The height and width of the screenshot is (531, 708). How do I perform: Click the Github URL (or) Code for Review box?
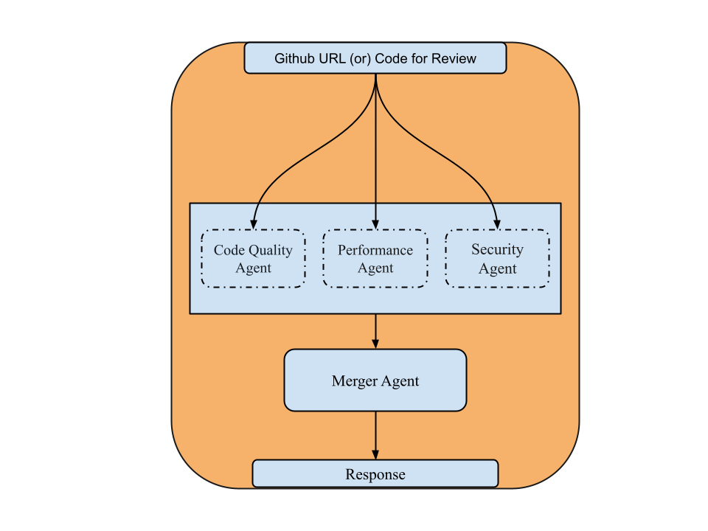click(375, 58)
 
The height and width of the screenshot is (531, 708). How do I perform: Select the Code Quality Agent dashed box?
click(253, 259)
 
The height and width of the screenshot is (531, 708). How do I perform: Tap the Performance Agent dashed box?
click(375, 259)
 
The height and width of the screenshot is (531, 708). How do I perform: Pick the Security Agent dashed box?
click(497, 259)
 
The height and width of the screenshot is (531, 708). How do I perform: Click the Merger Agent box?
click(375, 381)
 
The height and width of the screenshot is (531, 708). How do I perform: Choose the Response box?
click(375, 474)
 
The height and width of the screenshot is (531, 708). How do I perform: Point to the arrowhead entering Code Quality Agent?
click(254, 223)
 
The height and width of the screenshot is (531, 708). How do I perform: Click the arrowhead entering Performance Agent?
click(375, 223)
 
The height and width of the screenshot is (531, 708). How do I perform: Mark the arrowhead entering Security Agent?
click(497, 223)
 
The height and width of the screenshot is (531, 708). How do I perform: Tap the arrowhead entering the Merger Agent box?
click(375, 343)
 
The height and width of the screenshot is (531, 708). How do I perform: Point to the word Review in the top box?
click(454, 59)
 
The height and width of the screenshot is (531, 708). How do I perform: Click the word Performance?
click(375, 250)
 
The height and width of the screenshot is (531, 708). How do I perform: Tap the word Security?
click(497, 250)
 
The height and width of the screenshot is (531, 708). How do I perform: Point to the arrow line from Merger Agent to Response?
click(375, 431)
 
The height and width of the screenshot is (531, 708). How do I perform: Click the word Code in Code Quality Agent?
click(229, 250)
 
